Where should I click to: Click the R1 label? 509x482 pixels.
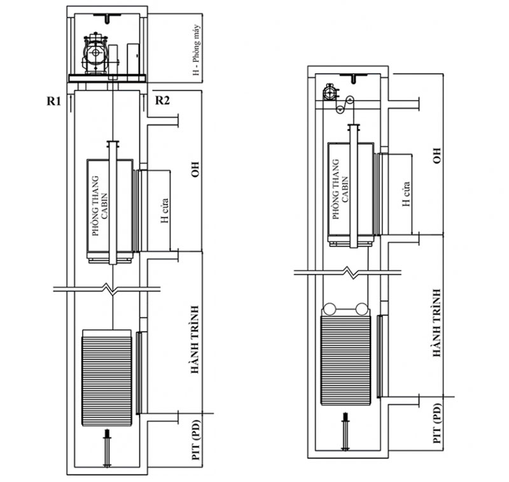(53, 100)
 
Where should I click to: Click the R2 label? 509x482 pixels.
(163, 100)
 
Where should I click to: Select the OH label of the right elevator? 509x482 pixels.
(436, 155)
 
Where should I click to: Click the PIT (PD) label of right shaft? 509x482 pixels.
(438, 422)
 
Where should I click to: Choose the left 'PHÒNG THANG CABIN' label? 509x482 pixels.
(101, 206)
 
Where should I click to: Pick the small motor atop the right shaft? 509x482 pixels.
(330, 92)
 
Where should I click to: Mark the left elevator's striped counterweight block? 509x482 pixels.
(107, 378)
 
